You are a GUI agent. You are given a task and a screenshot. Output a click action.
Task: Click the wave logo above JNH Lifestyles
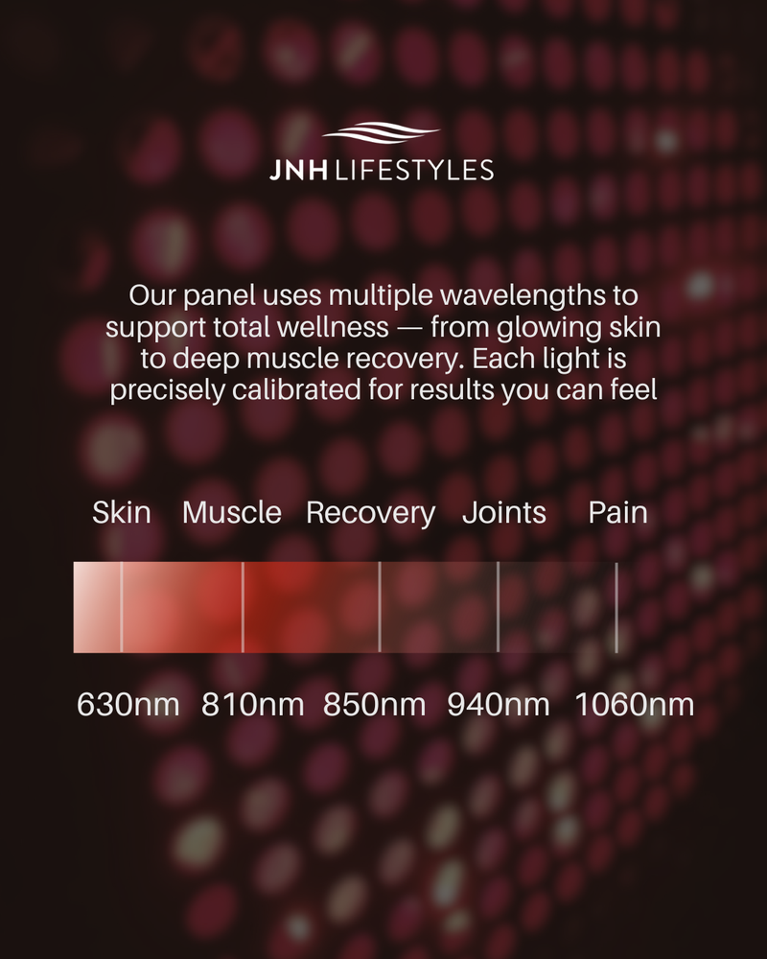[x=381, y=132]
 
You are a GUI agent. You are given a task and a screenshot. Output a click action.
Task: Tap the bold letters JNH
[x=298, y=171]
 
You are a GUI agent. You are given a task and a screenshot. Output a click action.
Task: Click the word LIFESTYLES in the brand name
[x=414, y=171]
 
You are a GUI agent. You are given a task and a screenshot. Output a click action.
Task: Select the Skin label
[x=121, y=512]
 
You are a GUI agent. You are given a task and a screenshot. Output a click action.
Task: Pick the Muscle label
[x=232, y=512]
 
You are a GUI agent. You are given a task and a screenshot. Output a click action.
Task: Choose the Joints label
[x=504, y=512]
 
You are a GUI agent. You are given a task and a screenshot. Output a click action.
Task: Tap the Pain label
[x=617, y=512]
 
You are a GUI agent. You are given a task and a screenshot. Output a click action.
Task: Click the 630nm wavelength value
[x=128, y=705]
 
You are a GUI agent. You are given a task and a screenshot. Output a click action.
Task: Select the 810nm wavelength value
[x=252, y=705]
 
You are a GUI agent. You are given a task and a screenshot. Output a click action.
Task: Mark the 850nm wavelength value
[x=374, y=705]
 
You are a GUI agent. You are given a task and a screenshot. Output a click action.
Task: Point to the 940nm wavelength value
[x=499, y=705]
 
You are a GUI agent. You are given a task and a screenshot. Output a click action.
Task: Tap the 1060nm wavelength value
[x=635, y=705]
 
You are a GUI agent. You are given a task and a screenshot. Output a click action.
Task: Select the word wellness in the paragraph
[x=333, y=327]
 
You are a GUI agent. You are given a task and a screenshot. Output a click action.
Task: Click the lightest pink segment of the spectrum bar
[x=97, y=607]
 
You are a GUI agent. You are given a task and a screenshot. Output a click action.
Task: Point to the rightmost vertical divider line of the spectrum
[x=616, y=607]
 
